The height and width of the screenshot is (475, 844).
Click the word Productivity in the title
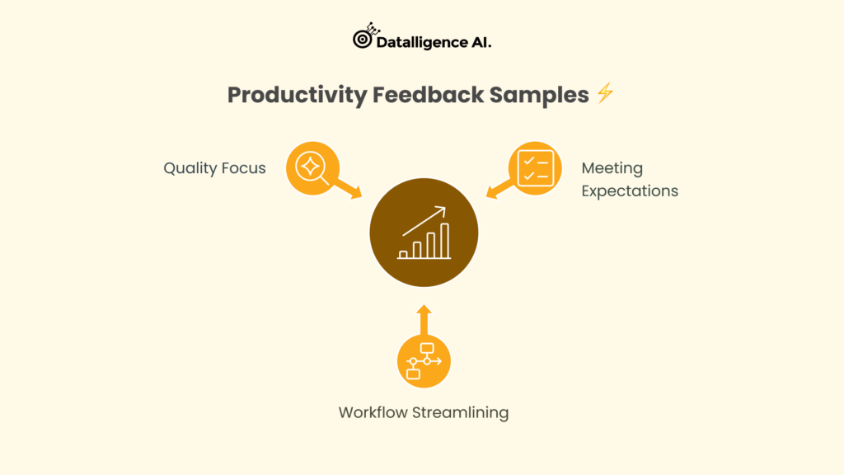[x=297, y=96]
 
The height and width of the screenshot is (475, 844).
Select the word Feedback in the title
[x=429, y=95]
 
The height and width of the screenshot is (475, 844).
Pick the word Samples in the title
[x=539, y=96]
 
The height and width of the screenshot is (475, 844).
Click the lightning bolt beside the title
[x=606, y=92]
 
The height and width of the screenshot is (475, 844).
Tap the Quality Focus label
[x=215, y=168]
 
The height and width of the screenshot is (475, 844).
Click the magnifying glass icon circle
[x=312, y=168]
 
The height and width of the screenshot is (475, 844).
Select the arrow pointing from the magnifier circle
[x=348, y=189]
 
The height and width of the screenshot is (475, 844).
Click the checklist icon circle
[x=535, y=168]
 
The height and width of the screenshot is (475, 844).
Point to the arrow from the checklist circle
[x=500, y=189]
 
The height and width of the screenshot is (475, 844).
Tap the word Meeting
[x=612, y=168]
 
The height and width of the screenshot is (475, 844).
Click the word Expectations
[x=630, y=190]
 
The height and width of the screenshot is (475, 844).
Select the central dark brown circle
[x=424, y=233]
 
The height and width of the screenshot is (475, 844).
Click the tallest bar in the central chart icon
[x=444, y=241]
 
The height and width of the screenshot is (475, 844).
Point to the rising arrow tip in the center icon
[x=444, y=208]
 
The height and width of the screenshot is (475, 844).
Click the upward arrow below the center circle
[x=424, y=320]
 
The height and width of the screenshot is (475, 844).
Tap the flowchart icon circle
[x=424, y=361]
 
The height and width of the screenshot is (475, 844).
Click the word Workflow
[x=373, y=412]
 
